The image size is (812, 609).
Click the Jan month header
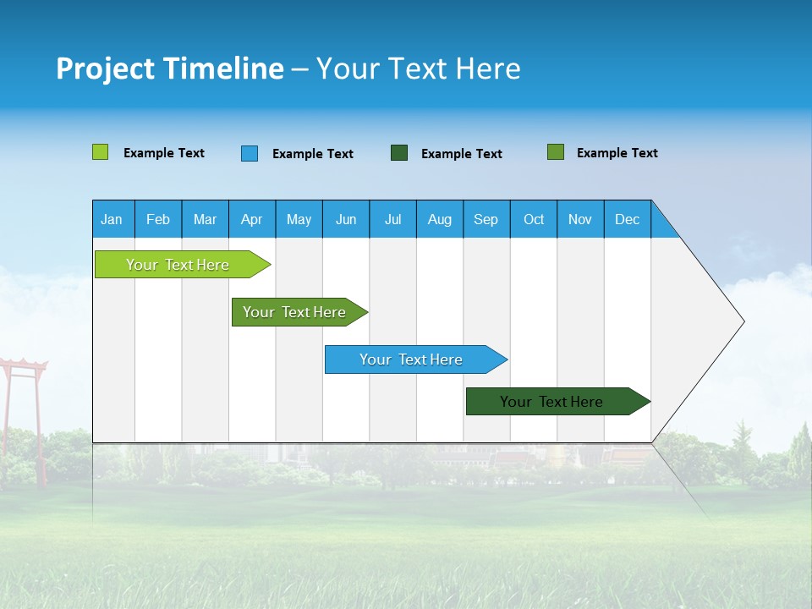point(112,219)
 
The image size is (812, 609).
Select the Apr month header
point(251,219)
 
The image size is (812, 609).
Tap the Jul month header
point(392,219)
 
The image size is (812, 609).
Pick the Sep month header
point(486,219)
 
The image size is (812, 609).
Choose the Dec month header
point(627,219)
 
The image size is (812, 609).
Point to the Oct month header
point(533,219)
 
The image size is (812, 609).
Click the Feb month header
point(158,219)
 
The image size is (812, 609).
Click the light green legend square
point(100,152)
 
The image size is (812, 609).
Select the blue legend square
point(250,153)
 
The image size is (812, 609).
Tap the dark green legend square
point(399,153)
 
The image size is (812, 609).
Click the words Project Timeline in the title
point(169,69)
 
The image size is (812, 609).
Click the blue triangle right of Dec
point(663,226)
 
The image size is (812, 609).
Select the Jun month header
point(345,219)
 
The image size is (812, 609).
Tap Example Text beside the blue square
point(312,154)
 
